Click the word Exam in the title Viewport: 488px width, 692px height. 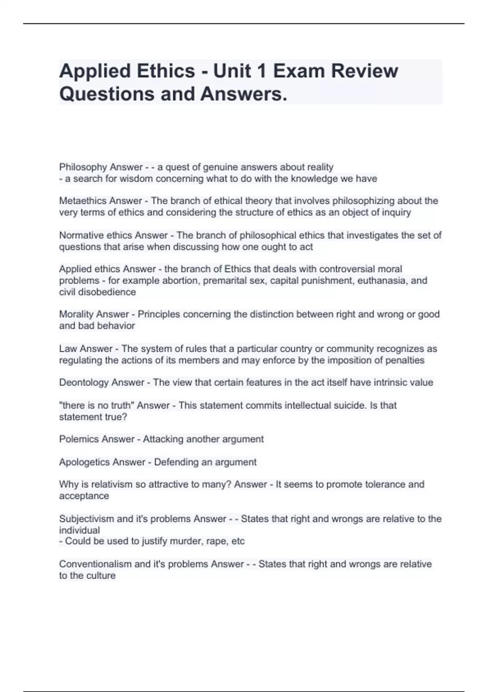coord(298,71)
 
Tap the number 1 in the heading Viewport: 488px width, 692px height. coord(261,71)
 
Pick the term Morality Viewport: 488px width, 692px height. coord(76,314)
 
